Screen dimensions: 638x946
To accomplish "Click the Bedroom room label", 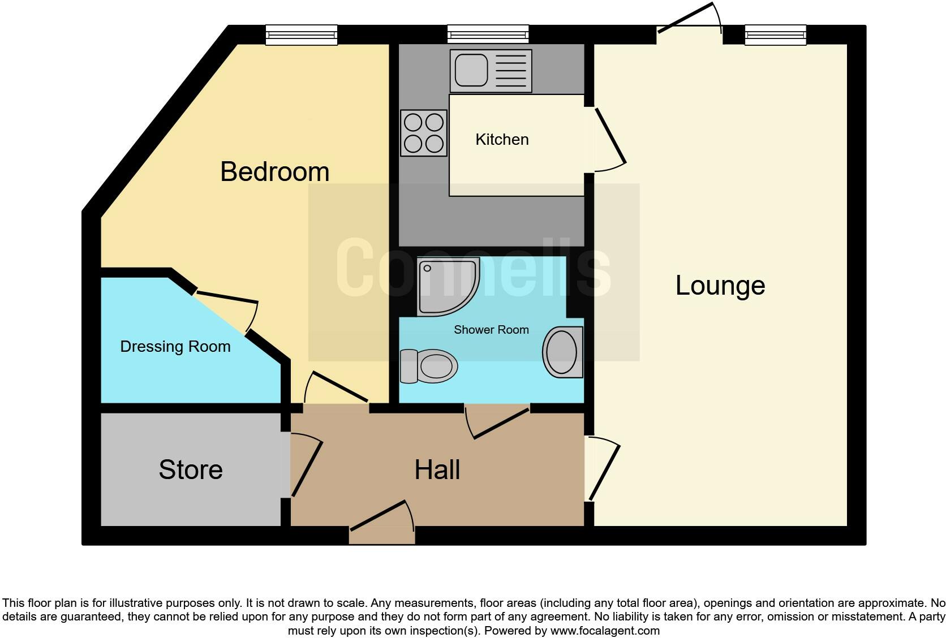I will [x=274, y=171].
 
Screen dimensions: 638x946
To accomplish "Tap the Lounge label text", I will [x=720, y=285].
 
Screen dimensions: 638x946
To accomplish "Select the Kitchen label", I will [x=502, y=140].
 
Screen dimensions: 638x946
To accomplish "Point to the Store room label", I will [x=191, y=469].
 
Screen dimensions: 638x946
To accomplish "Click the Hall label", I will [x=437, y=469].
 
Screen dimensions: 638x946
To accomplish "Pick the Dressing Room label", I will [x=175, y=347].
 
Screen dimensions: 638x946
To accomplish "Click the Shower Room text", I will [x=491, y=330].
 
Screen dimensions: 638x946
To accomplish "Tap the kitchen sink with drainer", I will [x=491, y=71].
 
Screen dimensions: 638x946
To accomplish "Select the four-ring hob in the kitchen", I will [x=424, y=133].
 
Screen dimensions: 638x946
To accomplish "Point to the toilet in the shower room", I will [x=429, y=365].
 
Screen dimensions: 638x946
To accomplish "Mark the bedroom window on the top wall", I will [x=302, y=35].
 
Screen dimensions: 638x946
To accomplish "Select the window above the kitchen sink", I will [x=488, y=35].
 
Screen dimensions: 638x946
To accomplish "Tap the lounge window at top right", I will [x=775, y=35].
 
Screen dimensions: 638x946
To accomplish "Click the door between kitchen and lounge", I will [x=608, y=139].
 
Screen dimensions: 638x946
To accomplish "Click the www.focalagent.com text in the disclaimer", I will [x=605, y=631].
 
